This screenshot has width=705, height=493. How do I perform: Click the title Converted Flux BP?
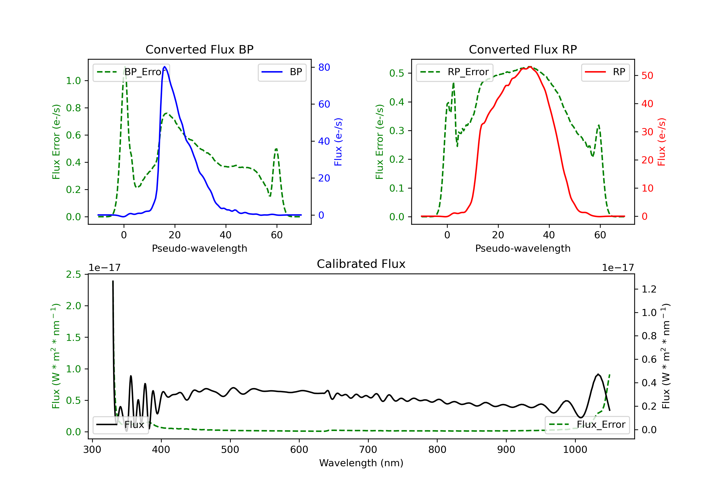point(199,49)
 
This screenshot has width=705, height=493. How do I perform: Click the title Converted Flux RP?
point(523,49)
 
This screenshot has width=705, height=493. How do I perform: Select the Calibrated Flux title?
point(361,264)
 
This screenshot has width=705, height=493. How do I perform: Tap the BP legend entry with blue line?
point(282,72)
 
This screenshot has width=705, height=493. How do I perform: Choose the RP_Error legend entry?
point(454,72)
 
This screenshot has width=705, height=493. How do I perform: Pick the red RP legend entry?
point(605,72)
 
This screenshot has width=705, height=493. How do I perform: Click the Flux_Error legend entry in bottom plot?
point(587,425)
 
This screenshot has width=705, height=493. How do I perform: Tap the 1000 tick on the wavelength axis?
point(575,450)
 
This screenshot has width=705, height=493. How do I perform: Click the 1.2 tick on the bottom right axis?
point(649,289)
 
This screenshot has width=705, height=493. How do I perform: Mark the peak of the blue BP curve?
point(164,67)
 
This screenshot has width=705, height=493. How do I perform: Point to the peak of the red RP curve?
point(530,67)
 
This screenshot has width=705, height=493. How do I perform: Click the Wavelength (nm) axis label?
point(361,463)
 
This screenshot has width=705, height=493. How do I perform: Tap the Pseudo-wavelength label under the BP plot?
point(199,248)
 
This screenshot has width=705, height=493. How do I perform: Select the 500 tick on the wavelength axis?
point(230,450)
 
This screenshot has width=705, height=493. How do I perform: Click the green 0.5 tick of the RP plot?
point(396,73)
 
